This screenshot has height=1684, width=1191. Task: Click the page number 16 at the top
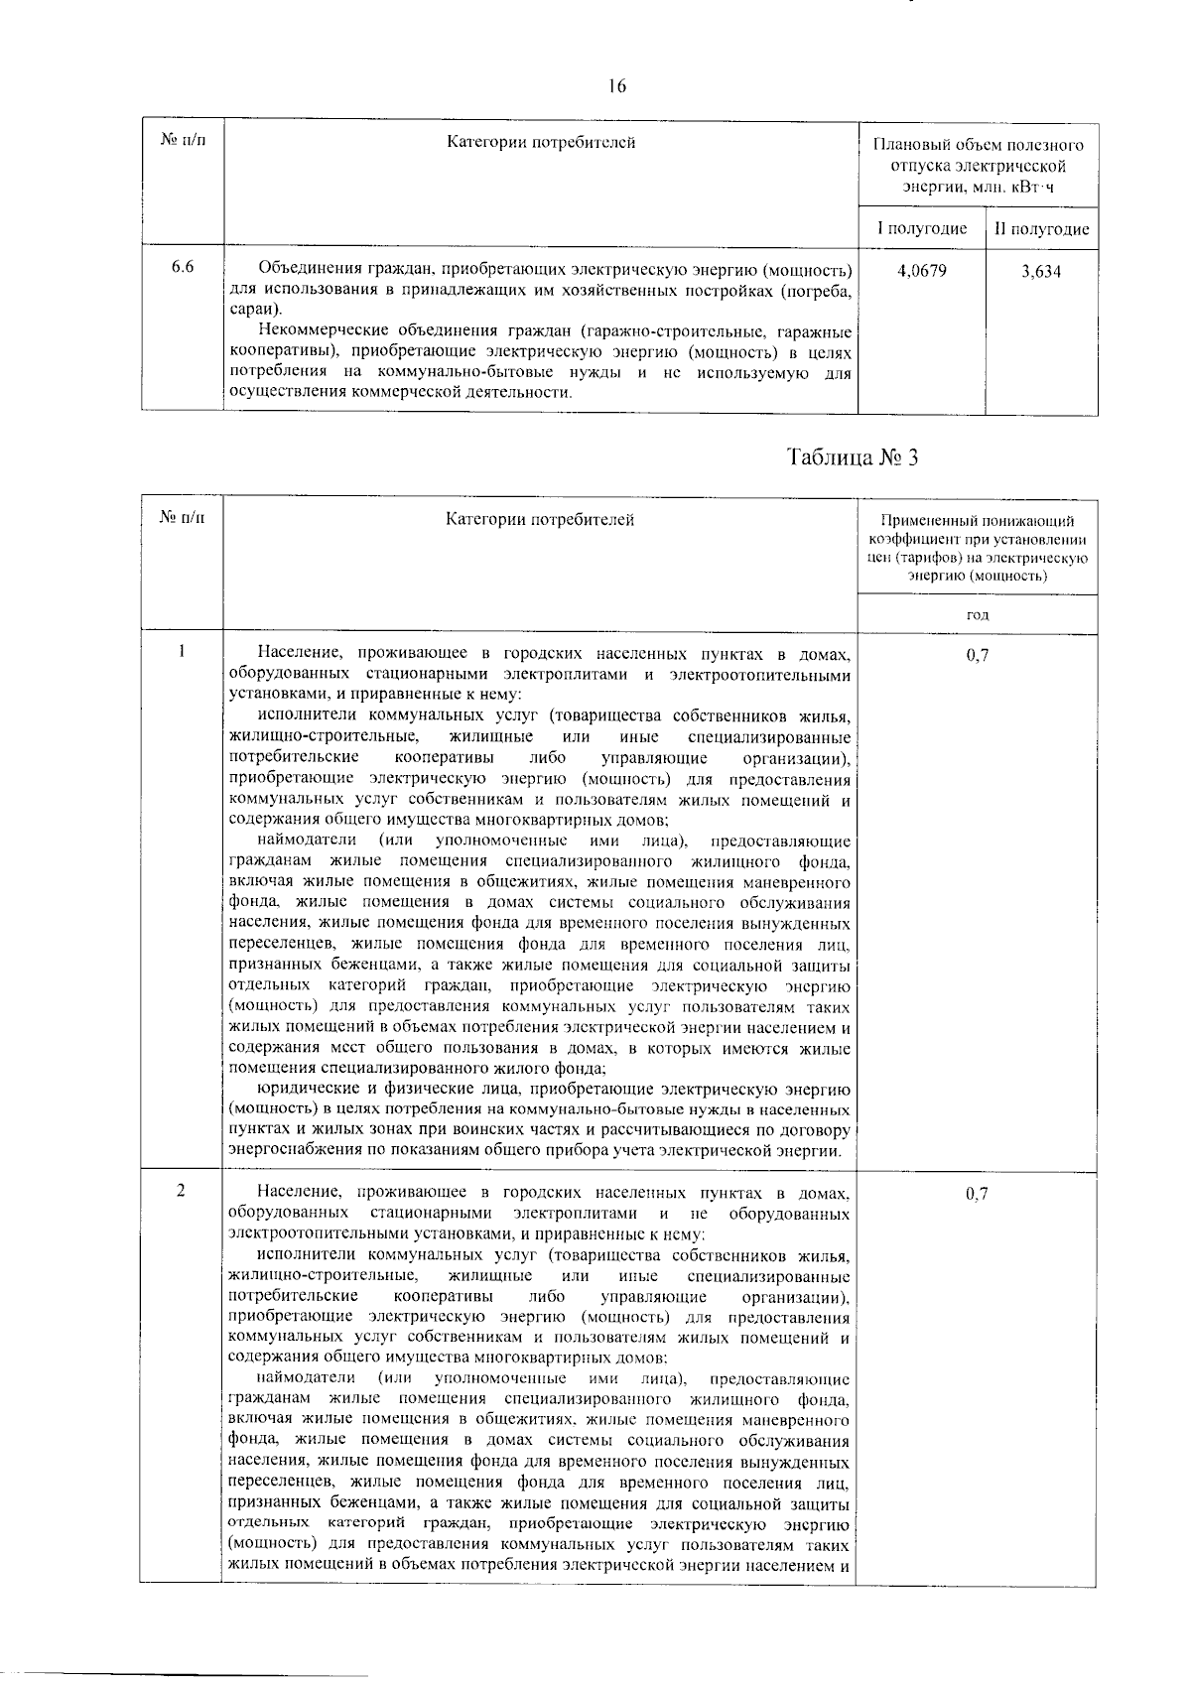pos(617,86)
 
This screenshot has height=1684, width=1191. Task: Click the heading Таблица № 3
pos(853,457)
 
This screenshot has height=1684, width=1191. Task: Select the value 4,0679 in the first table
pos(921,270)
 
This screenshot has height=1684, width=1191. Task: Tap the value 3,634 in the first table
pos(1041,271)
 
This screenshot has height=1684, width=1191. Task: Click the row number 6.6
pos(182,268)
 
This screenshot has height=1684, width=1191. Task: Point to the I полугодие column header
pos(921,229)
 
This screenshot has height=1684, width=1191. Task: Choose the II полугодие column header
pos(1042,229)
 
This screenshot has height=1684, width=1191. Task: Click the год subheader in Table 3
pos(978,615)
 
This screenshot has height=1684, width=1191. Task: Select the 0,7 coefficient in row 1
pos(978,655)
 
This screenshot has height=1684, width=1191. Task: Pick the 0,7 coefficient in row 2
pos(978,1195)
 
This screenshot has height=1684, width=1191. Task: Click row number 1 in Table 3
pos(182,652)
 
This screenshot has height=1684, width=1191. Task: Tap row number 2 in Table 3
pos(182,1191)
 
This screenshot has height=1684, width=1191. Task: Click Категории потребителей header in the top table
pos(541,142)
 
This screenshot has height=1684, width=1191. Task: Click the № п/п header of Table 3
pos(183,518)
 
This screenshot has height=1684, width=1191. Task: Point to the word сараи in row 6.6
pos(249,310)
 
